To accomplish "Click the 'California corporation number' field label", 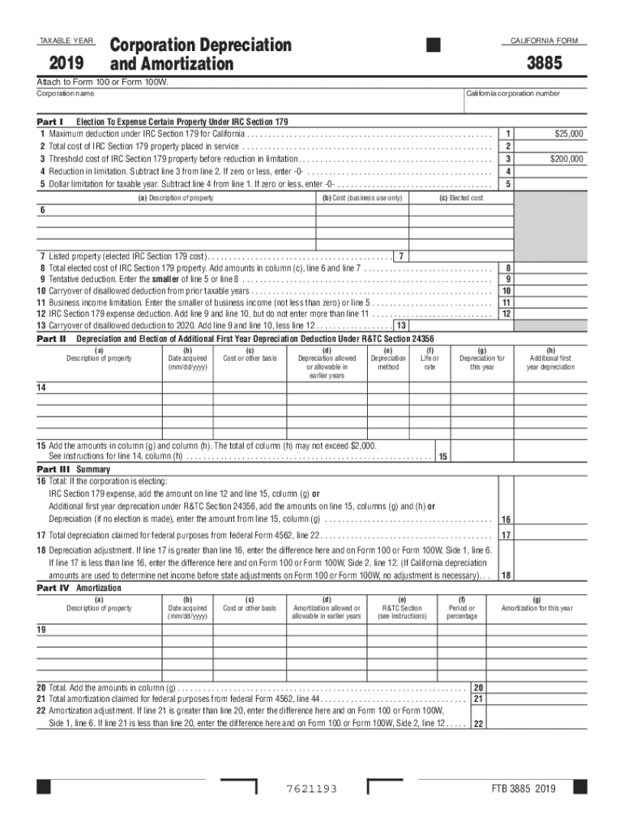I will coord(512,93).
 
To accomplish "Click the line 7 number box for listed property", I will coord(401,257).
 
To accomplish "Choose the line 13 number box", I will coord(400,326).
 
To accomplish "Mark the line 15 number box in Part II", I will coord(443,457).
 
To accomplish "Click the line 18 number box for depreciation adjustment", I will coord(506,575).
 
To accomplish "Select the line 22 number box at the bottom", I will coord(478,724).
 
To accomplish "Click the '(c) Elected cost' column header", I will coord(461,199).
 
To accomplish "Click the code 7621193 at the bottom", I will coord(311,789).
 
